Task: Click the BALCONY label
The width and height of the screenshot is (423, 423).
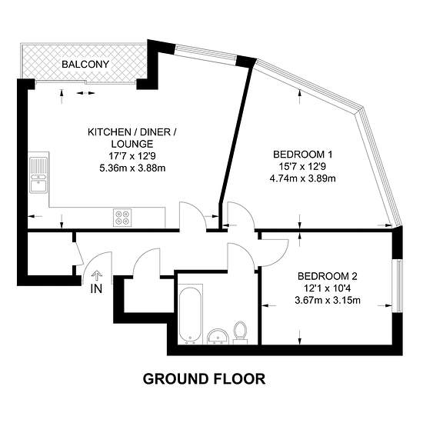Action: coord(85,64)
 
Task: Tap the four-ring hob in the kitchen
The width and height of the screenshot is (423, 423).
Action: coord(122,218)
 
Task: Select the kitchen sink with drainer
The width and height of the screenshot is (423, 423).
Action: coord(38,175)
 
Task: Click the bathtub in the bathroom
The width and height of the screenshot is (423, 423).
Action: coord(190,315)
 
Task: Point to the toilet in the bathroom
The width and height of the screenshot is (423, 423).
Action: coord(240,332)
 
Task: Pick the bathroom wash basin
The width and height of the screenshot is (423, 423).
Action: coord(218,336)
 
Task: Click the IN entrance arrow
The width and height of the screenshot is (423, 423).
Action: coord(97,277)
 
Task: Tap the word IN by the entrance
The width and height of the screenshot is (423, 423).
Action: coord(96,289)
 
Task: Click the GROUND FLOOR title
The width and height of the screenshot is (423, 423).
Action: coord(204,379)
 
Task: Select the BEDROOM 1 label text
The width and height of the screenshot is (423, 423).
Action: coord(303,155)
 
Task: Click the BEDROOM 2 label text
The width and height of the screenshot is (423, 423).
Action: coord(327,276)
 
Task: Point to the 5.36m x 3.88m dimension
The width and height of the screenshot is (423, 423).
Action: coord(132,168)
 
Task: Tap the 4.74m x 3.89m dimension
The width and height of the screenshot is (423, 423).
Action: coord(303,178)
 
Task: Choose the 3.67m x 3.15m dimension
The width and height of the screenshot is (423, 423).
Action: coord(328,300)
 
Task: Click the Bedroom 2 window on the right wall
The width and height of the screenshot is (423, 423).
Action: coord(398,286)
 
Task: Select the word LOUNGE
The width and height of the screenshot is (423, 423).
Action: coord(132,144)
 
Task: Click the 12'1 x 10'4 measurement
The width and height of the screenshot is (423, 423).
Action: coord(327,288)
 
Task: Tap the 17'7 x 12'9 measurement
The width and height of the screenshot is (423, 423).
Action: coord(132,156)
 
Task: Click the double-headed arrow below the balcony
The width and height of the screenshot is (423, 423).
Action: coord(86,93)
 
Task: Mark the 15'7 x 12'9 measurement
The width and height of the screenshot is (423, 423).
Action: coord(302,166)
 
